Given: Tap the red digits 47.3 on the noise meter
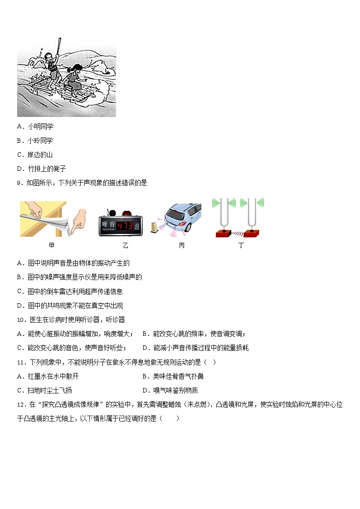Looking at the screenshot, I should pyautogui.click(x=124, y=226).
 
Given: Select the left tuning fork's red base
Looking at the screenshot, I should pyautogui.click(x=224, y=233).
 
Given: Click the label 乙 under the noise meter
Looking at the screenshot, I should pyautogui.click(x=125, y=246).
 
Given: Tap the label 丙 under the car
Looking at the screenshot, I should pyautogui.click(x=181, y=246).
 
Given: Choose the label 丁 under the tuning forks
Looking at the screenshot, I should pyautogui.click(x=240, y=246).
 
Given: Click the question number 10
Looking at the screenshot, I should pyautogui.click(x=21, y=320).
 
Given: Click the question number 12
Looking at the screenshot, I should pyautogui.click(x=21, y=405).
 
